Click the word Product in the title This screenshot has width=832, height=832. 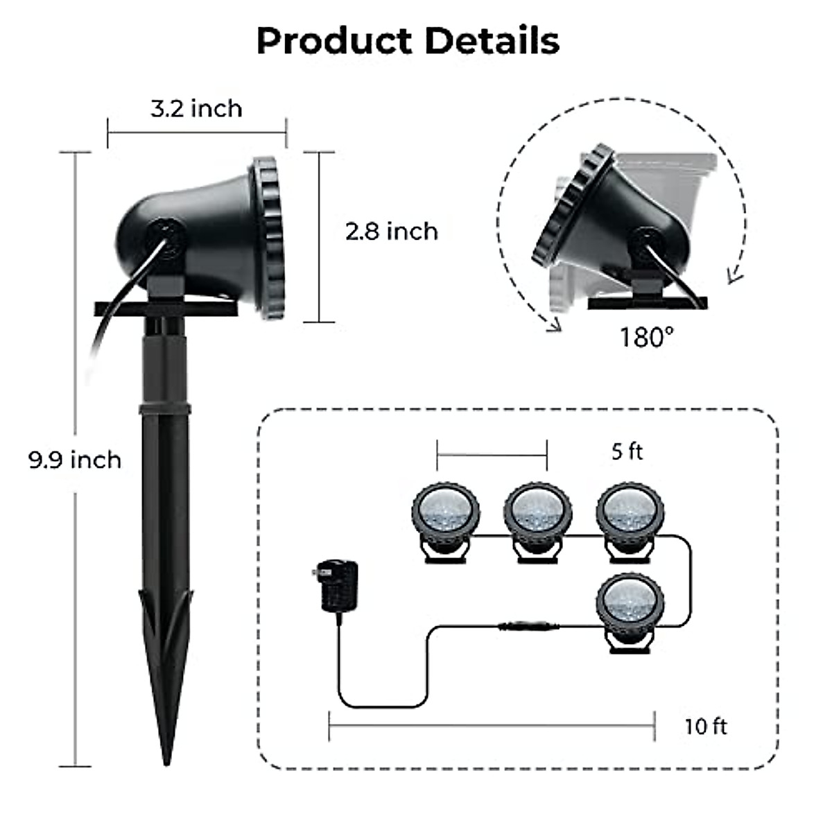333,42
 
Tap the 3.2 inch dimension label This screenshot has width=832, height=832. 196,109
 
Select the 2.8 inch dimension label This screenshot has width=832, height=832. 392,231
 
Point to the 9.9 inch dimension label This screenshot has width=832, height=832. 75,460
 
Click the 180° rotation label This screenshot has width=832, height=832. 646,338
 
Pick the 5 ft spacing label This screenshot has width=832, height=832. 627,451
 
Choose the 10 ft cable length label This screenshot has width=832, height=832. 706,726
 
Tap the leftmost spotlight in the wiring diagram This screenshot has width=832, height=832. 445,517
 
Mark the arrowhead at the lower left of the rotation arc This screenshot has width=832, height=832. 553,326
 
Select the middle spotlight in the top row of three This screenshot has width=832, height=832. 537,517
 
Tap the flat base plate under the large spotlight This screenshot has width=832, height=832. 166,308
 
